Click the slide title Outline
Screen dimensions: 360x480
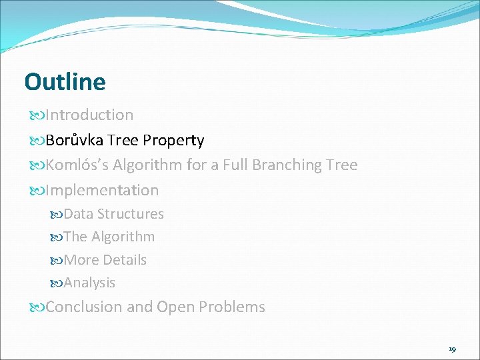tap(65, 82)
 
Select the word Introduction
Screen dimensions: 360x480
tap(89, 115)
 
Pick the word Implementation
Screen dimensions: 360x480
tap(102, 190)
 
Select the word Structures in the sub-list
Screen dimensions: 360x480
tap(131, 214)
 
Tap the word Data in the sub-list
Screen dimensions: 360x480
tap(78, 214)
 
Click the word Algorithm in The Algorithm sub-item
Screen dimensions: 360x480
tap(123, 237)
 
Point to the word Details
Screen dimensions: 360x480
tap(125, 260)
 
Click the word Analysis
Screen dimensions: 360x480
tap(89, 283)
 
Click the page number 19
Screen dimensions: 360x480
tap(452, 349)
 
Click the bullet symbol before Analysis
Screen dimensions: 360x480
tap(56, 283)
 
